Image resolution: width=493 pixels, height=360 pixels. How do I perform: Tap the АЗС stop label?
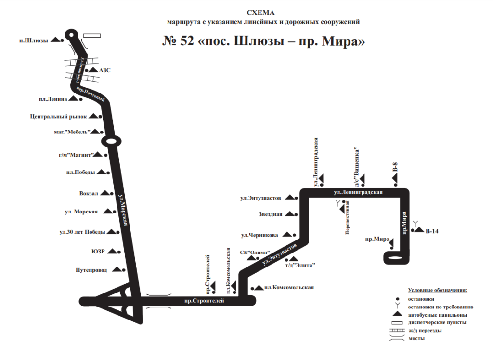[104, 70]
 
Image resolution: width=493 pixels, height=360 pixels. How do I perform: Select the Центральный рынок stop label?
[58, 116]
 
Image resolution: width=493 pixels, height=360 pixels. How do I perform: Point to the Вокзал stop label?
[89, 193]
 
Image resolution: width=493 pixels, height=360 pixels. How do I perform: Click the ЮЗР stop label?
[98, 251]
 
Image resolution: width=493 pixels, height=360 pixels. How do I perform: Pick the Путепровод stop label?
[91, 270]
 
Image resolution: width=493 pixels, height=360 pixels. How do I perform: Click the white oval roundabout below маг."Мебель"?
[110, 141]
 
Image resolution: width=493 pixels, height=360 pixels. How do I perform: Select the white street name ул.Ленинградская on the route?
[358, 193]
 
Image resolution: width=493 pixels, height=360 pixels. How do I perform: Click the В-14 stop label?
[432, 232]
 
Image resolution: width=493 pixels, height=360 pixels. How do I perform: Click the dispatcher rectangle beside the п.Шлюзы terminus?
[91, 35]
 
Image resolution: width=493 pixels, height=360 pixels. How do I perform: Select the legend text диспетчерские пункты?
[437, 322]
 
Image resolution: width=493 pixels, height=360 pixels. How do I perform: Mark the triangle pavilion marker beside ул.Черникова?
[287, 235]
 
